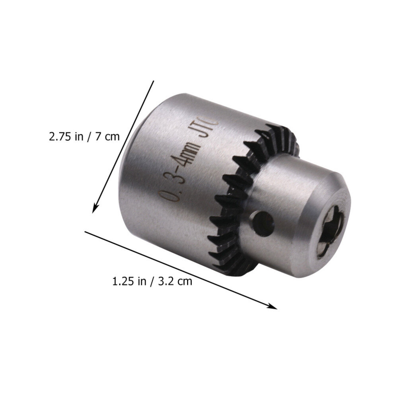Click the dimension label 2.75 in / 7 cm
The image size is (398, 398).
pyautogui.click(x=84, y=137)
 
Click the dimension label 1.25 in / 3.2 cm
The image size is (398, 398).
pyautogui.click(x=152, y=281)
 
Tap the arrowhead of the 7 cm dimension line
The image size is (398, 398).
pyautogui.click(x=95, y=208)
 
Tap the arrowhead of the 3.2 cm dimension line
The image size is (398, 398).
pyautogui.click(x=272, y=306)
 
